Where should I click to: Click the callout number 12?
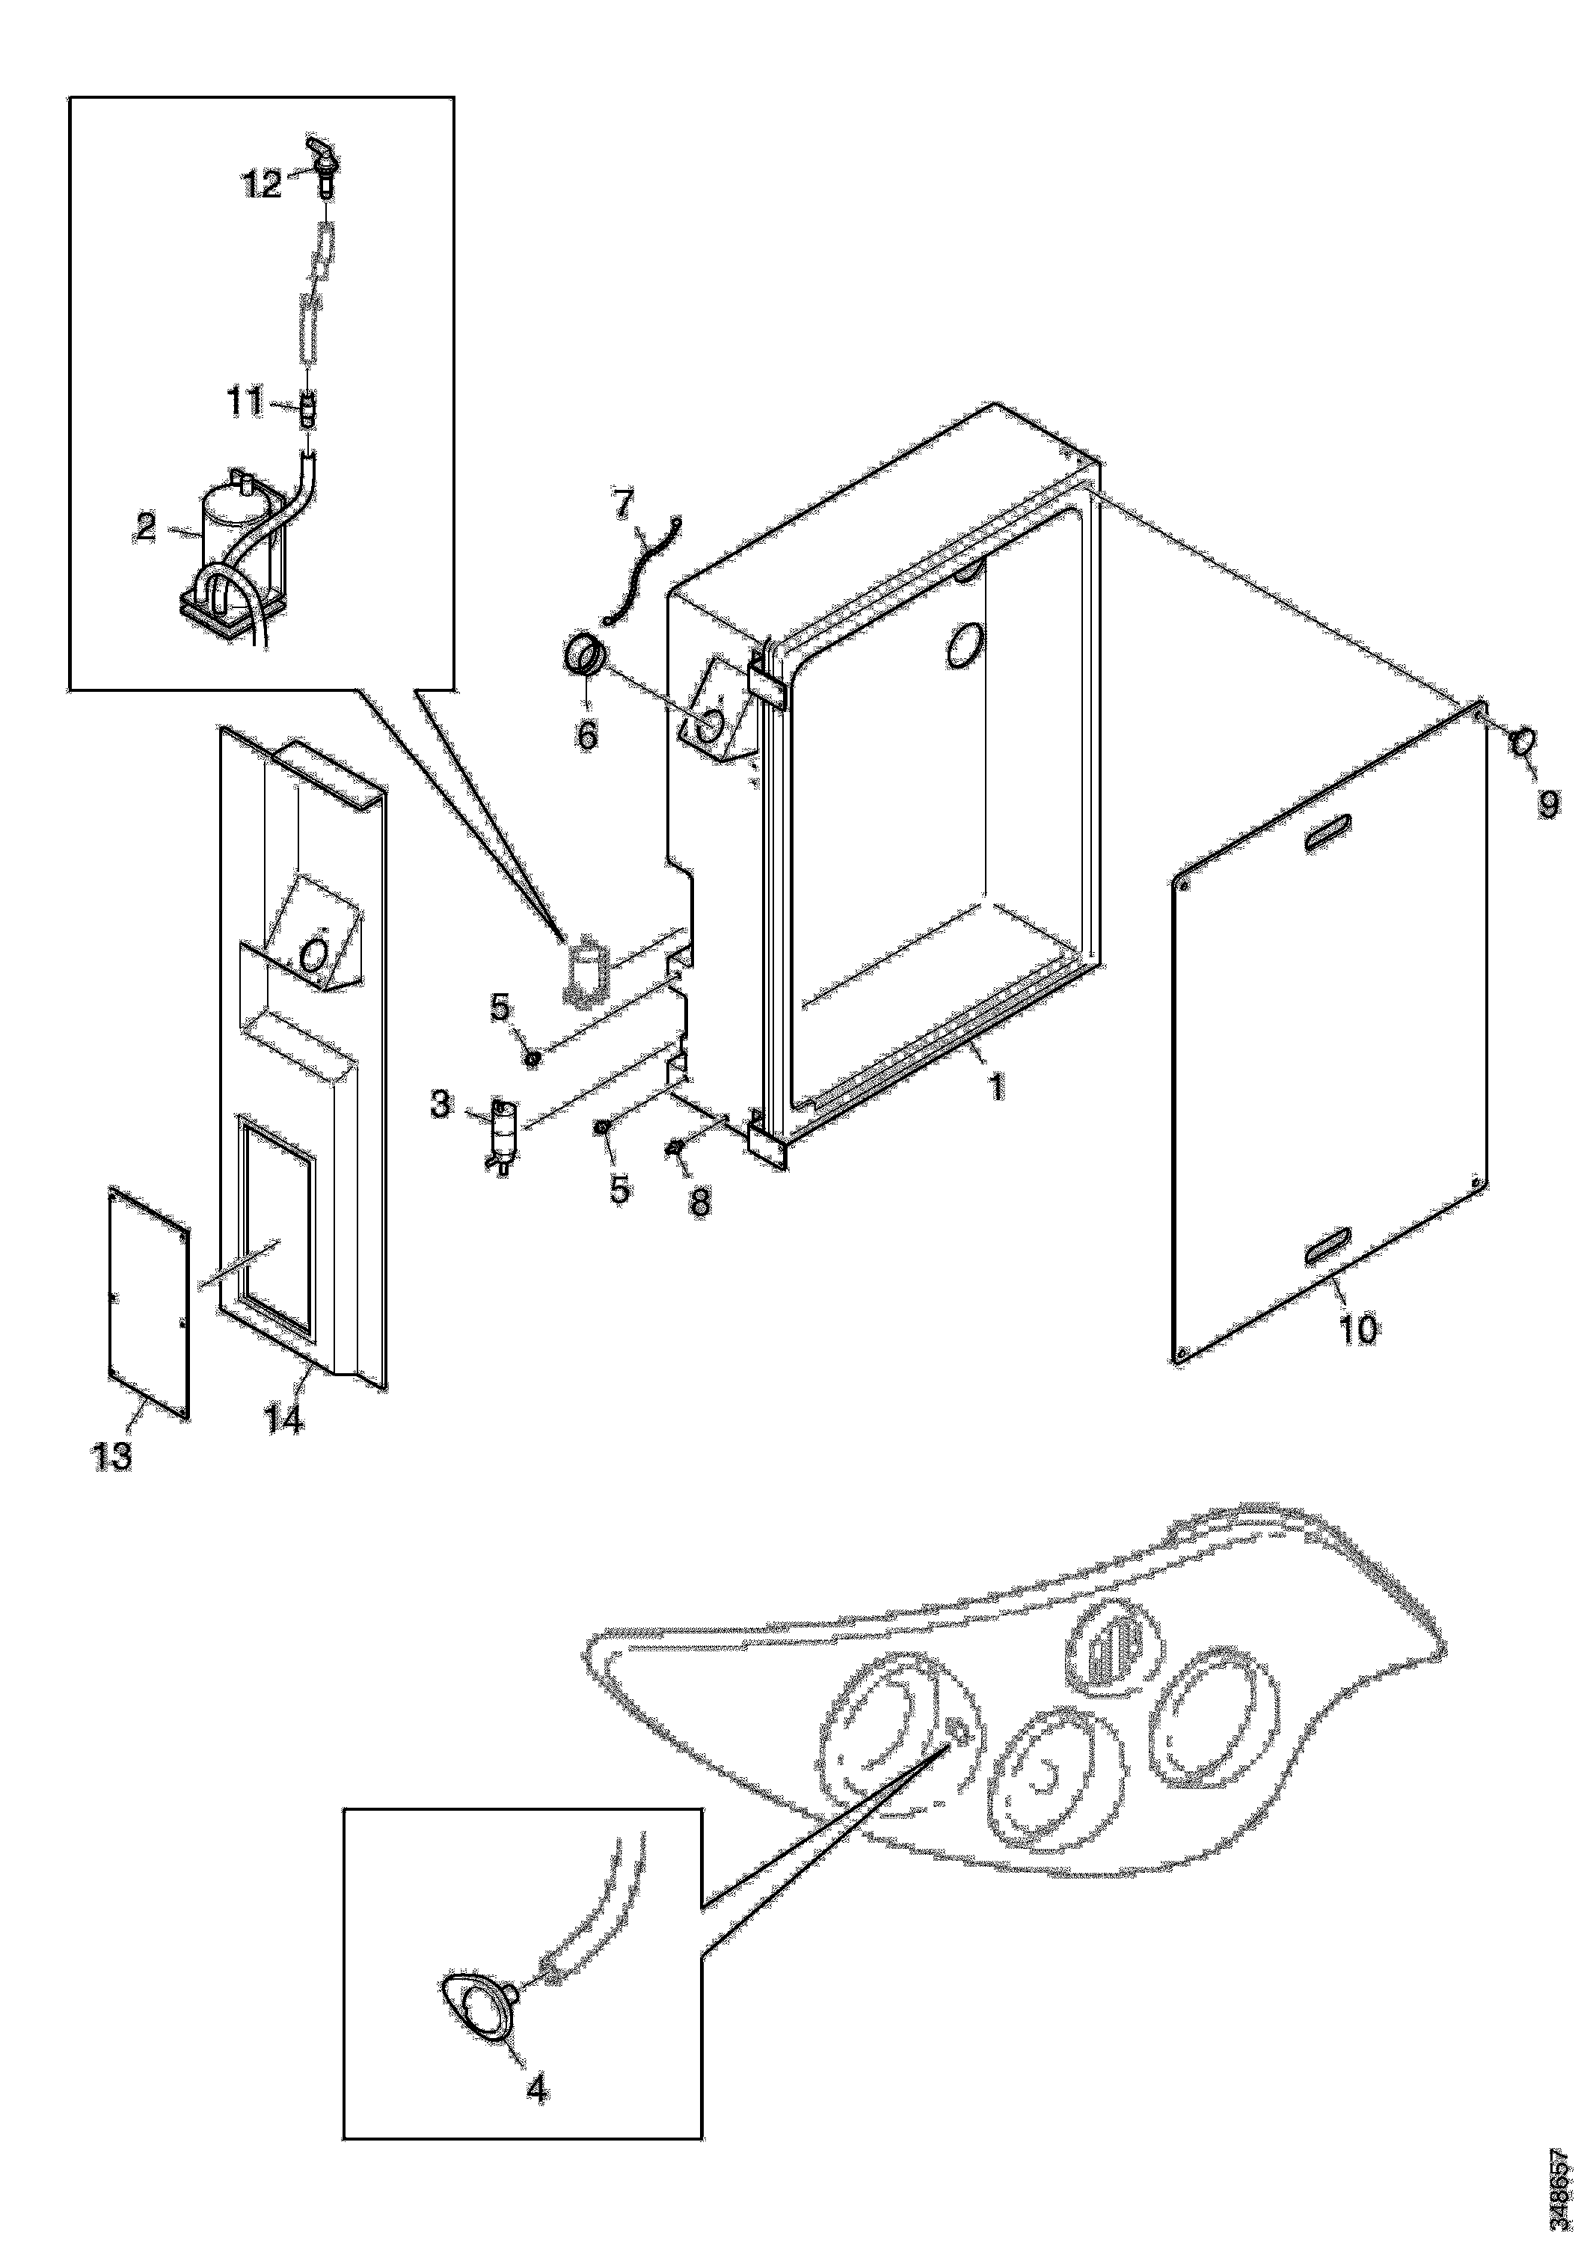tap(262, 183)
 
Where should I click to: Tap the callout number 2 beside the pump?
tap(146, 528)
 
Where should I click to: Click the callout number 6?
tap(587, 734)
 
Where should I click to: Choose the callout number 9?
tap(1548, 804)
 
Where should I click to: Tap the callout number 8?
tap(701, 1202)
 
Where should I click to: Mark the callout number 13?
tap(111, 1455)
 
